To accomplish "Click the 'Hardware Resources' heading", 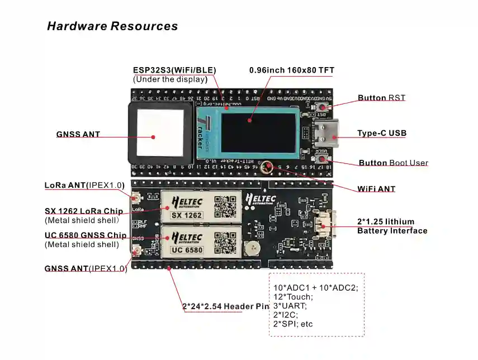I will click(x=112, y=26).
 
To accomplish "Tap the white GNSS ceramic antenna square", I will click(x=160, y=132).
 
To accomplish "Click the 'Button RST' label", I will click(x=381, y=98).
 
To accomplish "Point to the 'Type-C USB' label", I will click(x=382, y=134).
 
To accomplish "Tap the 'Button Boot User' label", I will click(x=393, y=163).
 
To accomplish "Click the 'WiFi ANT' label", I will click(x=376, y=189).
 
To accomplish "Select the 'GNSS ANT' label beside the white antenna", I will click(x=78, y=135).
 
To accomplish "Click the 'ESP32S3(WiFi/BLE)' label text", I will click(x=174, y=70).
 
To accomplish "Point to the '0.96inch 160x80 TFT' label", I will click(x=291, y=70).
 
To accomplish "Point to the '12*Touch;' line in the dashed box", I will click(x=293, y=297).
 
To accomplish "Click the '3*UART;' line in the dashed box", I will click(x=290, y=306).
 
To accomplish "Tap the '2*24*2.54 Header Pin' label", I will click(x=226, y=306).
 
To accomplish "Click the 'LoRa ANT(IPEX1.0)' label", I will click(x=84, y=186).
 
